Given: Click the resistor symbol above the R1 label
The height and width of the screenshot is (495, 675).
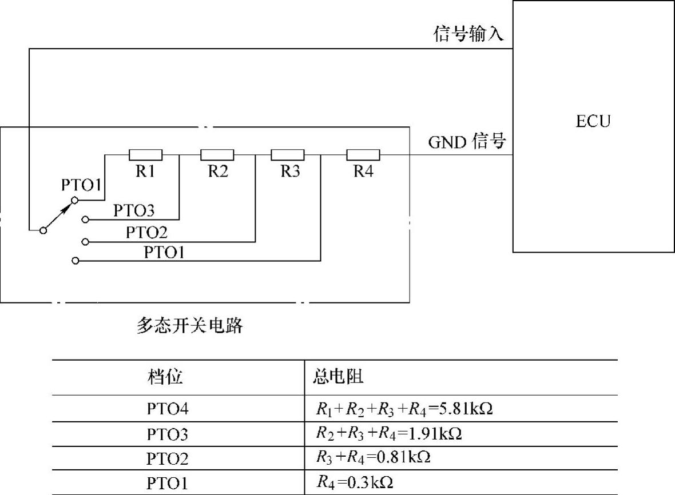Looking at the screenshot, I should pos(146,154).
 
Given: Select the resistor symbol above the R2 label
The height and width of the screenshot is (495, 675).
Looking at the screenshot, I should pos(217,154).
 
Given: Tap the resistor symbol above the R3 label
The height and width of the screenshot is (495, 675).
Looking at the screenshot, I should pos(288,154).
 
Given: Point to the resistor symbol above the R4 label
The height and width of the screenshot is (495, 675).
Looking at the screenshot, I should pos(363,154).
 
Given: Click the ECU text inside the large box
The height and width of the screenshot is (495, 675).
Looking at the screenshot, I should pos(593,121).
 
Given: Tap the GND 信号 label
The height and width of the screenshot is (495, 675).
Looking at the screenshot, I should pos(467,142).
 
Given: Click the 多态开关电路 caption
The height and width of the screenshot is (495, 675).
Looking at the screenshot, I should pos(190,326).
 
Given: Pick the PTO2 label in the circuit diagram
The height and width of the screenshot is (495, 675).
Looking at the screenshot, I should pos(146,233).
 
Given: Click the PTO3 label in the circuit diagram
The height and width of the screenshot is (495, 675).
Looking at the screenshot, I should pos(134,210).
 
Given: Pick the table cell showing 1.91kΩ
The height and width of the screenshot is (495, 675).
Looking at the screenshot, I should pos(389,434).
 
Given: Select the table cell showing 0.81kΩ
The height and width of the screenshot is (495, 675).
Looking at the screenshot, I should pos(372,458).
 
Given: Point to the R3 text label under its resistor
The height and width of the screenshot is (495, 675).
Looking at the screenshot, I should pos(290,171).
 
